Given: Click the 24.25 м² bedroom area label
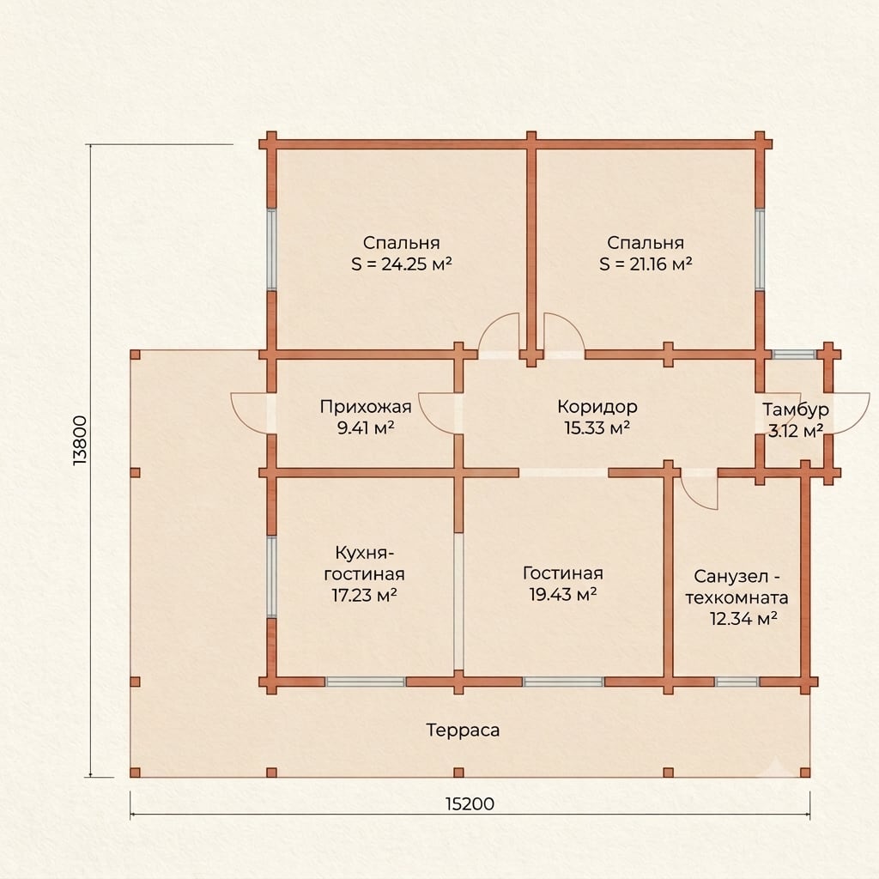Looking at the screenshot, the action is (402, 264).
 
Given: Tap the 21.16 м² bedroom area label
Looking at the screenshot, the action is (646, 264).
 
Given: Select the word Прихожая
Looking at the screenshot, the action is (366, 406).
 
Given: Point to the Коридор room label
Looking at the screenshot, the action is (597, 406).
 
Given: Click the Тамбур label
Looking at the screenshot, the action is (795, 409).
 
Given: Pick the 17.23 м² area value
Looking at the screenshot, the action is (364, 595).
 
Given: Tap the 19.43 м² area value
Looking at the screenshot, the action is (563, 594).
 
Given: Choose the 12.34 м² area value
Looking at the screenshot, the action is (743, 619).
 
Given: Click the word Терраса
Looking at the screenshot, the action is (463, 730).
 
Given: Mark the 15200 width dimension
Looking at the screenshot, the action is (470, 804).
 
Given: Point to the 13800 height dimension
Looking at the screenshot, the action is (80, 440).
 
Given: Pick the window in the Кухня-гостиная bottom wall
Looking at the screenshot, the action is (366, 682).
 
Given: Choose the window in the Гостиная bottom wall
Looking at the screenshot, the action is (563, 682).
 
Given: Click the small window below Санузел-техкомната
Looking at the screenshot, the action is (737, 682).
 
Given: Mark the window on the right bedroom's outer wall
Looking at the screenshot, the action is (760, 250).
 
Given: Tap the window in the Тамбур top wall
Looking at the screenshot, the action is (793, 355).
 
